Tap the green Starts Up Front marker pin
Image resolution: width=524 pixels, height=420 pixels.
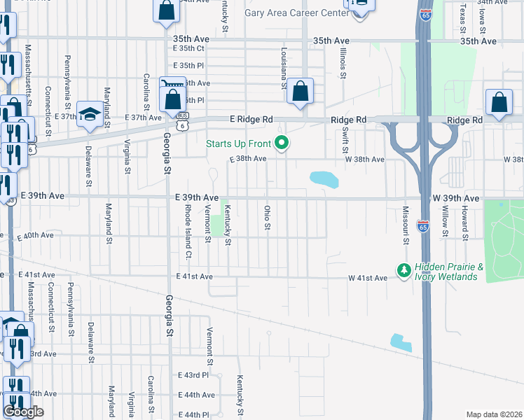(x=282, y=143)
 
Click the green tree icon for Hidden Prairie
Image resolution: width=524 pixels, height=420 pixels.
(x=404, y=269)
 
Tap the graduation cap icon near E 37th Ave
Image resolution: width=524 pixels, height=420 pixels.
(x=90, y=114)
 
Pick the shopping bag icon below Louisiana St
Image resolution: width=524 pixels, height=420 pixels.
(x=300, y=91)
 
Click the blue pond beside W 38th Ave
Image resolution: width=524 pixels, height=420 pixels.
(x=324, y=179)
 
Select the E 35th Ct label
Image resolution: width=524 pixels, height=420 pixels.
(x=188, y=48)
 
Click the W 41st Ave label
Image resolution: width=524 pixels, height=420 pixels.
(x=368, y=279)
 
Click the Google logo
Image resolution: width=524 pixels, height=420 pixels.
(x=24, y=412)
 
